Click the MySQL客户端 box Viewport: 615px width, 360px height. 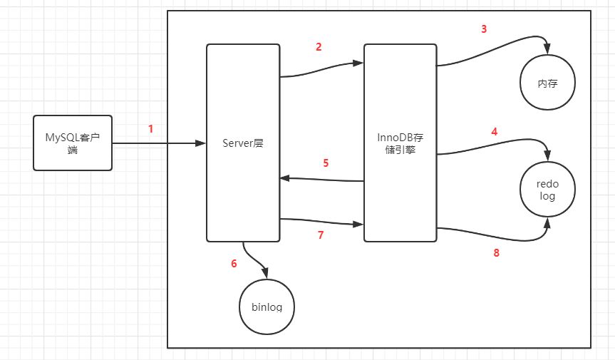coord(73,143)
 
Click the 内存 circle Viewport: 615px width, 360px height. coord(547,83)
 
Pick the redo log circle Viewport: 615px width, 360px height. coord(547,190)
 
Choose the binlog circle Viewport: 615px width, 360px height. coord(267,307)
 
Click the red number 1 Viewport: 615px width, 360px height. coord(151,129)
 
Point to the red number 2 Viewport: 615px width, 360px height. coord(319,47)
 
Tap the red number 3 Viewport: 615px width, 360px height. coord(484,29)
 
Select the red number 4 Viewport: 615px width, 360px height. coord(495,132)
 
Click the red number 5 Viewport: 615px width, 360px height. coord(326,163)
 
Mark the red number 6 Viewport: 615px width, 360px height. coord(234,264)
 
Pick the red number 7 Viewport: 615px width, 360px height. coord(321,235)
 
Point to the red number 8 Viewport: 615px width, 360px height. coord(497,252)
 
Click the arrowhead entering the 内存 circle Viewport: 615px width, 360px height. coord(547,50)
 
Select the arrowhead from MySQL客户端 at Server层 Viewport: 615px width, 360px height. coord(201,143)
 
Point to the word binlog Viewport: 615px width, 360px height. coord(267,308)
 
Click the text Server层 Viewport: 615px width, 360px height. coord(242,143)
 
